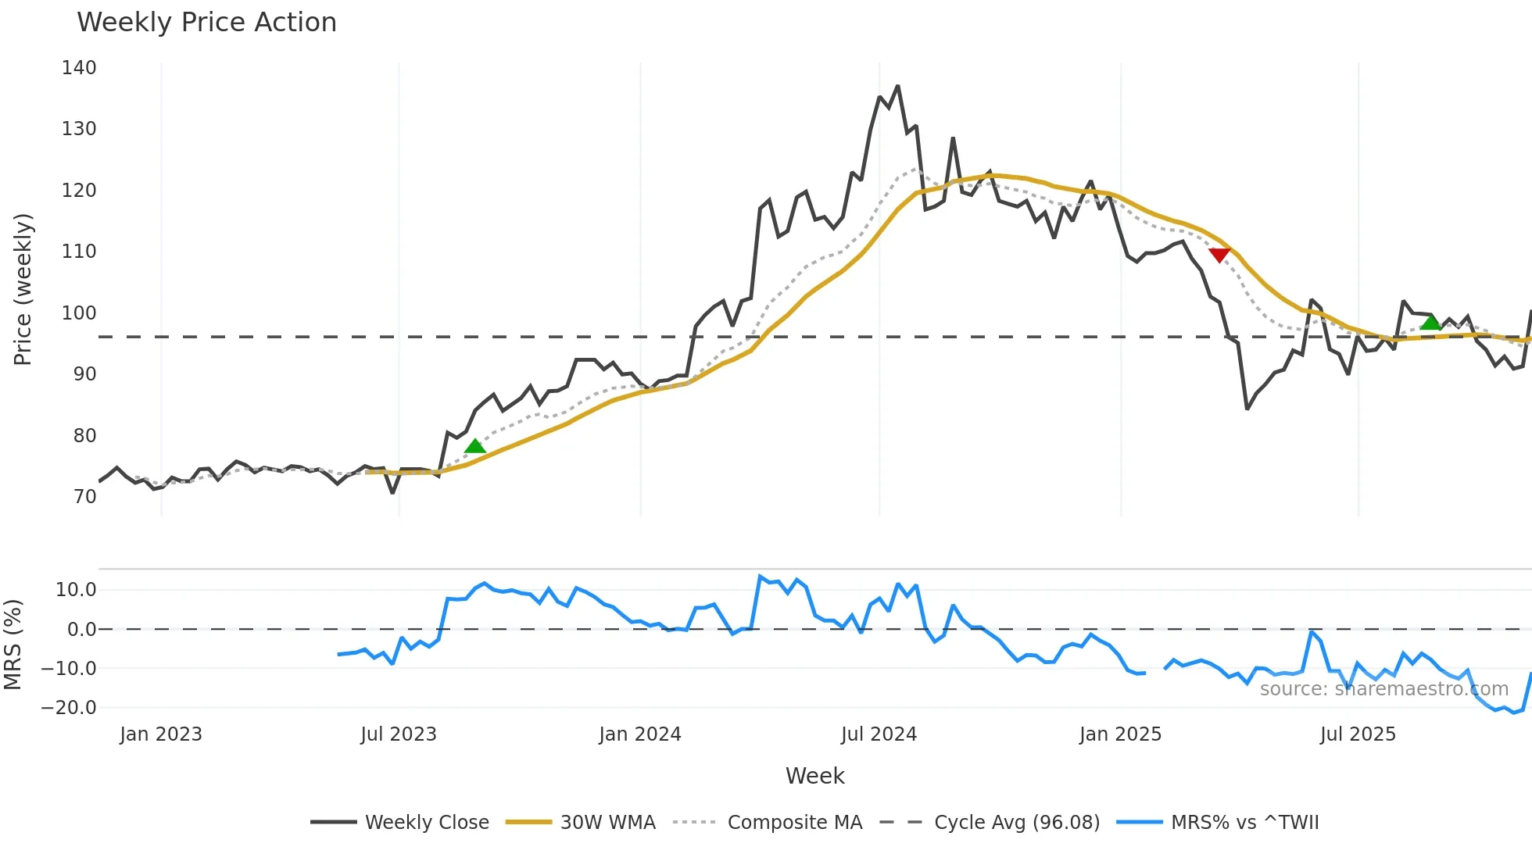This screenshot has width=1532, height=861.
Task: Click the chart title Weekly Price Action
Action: coord(206,23)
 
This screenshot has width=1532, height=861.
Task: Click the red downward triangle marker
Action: coord(1219,255)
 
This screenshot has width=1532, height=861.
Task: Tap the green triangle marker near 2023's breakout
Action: coord(474,446)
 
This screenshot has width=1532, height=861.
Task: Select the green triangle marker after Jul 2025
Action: coord(1430,322)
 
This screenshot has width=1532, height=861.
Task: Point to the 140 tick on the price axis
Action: coord(79,68)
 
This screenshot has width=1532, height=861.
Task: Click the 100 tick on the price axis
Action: coord(79,313)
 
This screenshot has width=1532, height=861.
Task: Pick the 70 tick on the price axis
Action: coord(84,497)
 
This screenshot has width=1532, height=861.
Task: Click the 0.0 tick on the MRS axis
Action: coord(81,630)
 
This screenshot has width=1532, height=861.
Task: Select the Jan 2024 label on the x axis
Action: coord(640,734)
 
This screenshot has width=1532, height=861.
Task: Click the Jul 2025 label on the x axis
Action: coord(1358,734)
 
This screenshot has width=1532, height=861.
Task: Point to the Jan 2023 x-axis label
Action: coord(161,734)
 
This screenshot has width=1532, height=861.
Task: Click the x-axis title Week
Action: coord(814,776)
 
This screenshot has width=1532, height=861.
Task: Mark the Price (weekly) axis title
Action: coord(23,289)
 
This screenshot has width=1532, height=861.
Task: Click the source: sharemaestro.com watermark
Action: coord(1383,689)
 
